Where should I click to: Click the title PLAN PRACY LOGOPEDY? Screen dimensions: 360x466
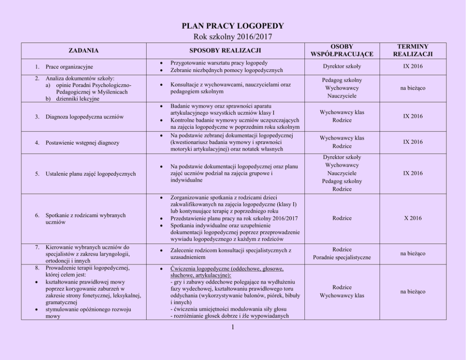point(233,26)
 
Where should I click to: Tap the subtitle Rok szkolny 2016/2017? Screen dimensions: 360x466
point(233,36)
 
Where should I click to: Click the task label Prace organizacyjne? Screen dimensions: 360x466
point(69,67)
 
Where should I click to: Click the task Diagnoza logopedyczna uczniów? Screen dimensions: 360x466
point(84,117)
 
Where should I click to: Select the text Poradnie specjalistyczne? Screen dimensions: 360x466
point(342,258)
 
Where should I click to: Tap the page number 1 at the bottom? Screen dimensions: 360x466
point(233,328)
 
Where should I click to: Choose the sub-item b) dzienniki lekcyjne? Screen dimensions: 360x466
point(76,99)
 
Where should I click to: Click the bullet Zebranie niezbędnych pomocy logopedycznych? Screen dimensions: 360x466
point(226,70)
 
